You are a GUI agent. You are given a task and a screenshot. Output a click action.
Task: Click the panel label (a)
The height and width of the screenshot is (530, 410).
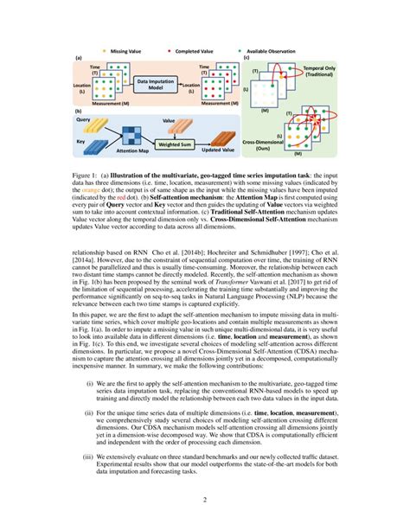[79, 59]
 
